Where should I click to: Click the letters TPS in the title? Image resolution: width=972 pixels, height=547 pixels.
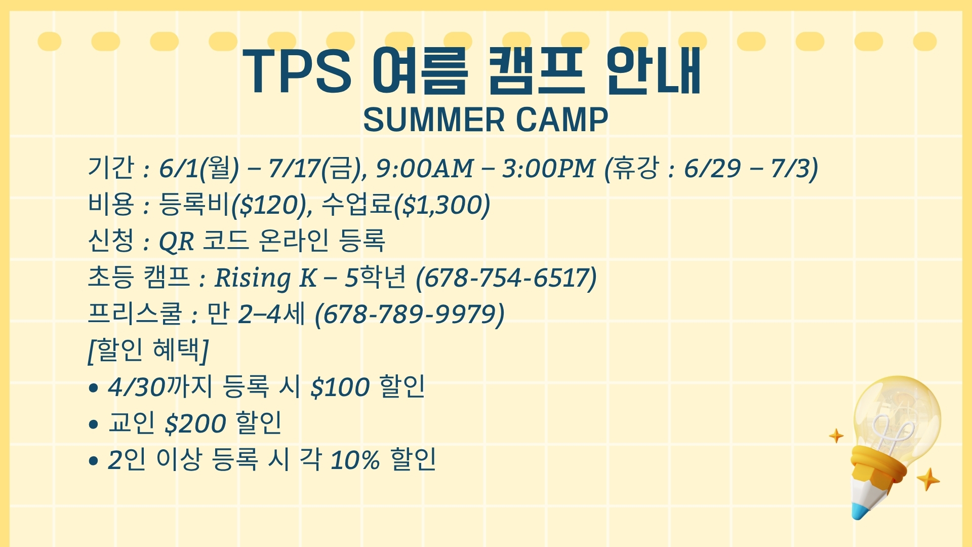tap(297, 71)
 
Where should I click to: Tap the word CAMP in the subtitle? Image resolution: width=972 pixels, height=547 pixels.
tap(561, 120)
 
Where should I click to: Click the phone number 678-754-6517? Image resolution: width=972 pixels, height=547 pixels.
tap(506, 278)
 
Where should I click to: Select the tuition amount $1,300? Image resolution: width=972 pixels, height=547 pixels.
tap(441, 205)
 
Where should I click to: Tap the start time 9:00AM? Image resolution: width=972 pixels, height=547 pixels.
tap(424, 169)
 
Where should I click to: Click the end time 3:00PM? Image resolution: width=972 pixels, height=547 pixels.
tap(548, 169)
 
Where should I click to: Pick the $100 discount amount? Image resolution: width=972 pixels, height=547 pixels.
tap(340, 387)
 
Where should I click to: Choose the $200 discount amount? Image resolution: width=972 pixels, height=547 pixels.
tap(195, 423)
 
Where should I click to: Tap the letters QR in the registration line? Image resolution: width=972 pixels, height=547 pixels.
tap(176, 242)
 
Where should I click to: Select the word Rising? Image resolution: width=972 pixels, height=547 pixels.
tap(253, 278)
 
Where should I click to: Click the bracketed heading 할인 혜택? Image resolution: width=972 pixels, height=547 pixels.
tap(148, 350)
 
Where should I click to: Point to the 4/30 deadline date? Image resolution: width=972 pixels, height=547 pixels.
tap(137, 387)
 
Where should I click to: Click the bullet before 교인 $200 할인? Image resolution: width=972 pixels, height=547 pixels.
tap(93, 424)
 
